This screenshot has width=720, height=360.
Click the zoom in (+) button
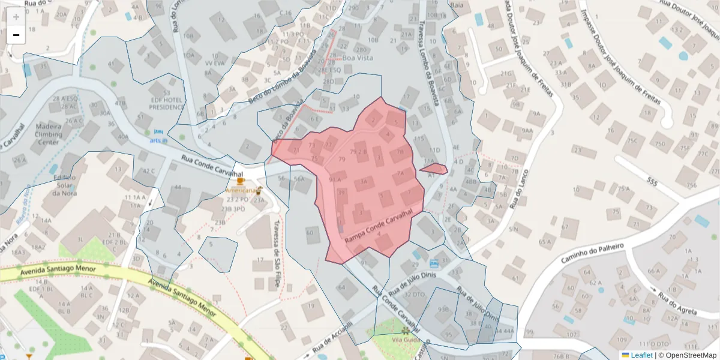point(16,17)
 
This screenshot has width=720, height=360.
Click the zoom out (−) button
point(16,35)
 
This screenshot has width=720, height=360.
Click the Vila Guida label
point(404,339)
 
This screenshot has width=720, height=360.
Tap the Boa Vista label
point(358,58)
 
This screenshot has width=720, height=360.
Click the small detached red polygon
point(434,169)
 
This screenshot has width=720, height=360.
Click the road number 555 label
point(653,180)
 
